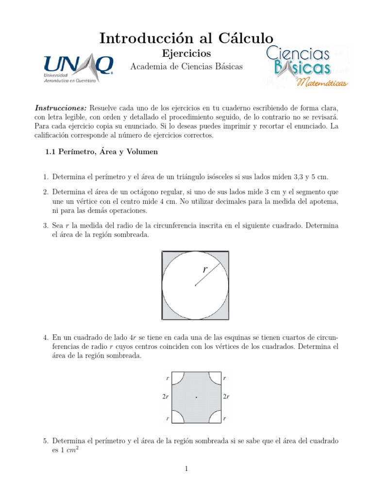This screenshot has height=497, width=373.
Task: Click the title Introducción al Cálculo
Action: pyautogui.click(x=186, y=38)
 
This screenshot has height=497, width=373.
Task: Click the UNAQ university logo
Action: pyautogui.click(x=78, y=68)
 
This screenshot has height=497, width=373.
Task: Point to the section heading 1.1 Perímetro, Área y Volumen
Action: pyautogui.click(x=101, y=152)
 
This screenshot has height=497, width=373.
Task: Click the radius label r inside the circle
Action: pyautogui.click(x=205, y=269)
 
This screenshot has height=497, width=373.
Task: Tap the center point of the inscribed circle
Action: pyautogui.click(x=195, y=285)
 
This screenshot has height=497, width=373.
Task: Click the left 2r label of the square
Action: pyautogui.click(x=166, y=397)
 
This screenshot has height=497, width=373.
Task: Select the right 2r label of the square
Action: pyautogui.click(x=226, y=397)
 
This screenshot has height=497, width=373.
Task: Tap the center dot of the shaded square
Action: pyautogui.click(x=196, y=397)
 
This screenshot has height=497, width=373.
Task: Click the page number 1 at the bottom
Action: pyautogui.click(x=186, y=468)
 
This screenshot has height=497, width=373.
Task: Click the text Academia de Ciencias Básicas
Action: pyautogui.click(x=186, y=66)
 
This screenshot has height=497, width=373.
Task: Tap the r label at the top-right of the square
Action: pyautogui.click(x=224, y=377)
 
